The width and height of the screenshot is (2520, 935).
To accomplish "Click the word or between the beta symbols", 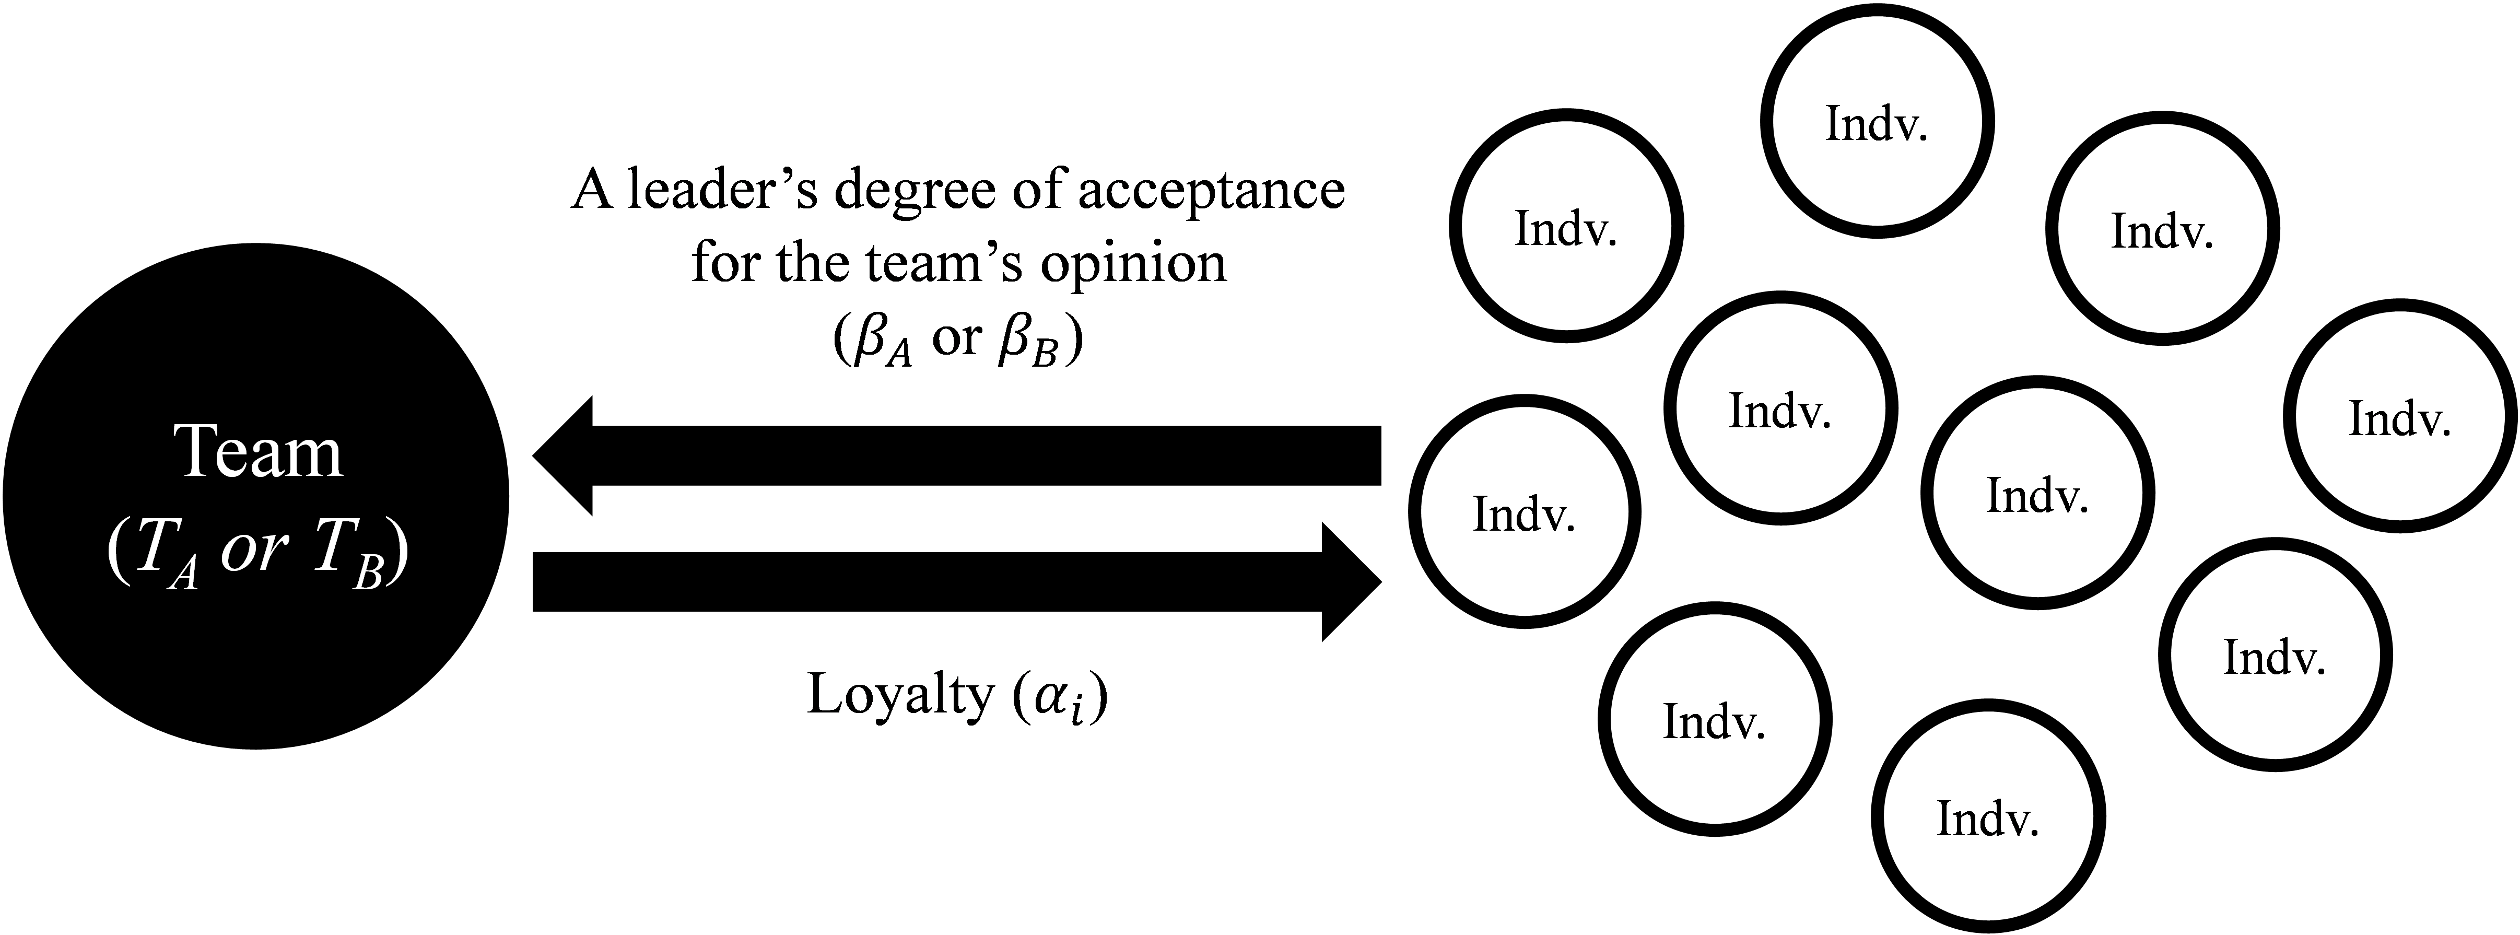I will [957, 337].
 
